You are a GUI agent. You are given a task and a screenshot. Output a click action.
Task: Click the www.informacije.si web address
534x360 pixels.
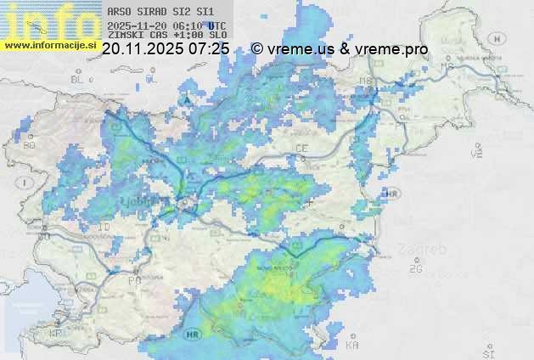tap(49, 44)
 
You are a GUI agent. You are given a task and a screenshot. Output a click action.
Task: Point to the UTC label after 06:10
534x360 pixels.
tap(216, 25)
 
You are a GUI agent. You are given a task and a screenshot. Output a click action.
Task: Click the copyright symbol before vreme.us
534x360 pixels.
tap(257, 49)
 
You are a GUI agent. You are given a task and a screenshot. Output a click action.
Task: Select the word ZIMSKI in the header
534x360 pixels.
tap(125, 36)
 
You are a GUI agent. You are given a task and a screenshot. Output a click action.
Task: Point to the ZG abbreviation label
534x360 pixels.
tap(415, 268)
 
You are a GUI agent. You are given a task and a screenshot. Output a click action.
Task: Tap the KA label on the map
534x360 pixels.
tap(352, 346)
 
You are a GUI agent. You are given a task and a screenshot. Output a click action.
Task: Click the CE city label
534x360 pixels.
tap(301, 148)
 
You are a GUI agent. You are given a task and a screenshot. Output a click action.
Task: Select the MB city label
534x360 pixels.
tap(367, 81)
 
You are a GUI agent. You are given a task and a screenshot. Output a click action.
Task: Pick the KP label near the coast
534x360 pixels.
tap(56, 334)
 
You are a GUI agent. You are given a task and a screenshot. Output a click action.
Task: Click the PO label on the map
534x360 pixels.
tap(134, 278)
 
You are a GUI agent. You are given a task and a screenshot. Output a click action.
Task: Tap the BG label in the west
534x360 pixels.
tap(29, 145)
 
